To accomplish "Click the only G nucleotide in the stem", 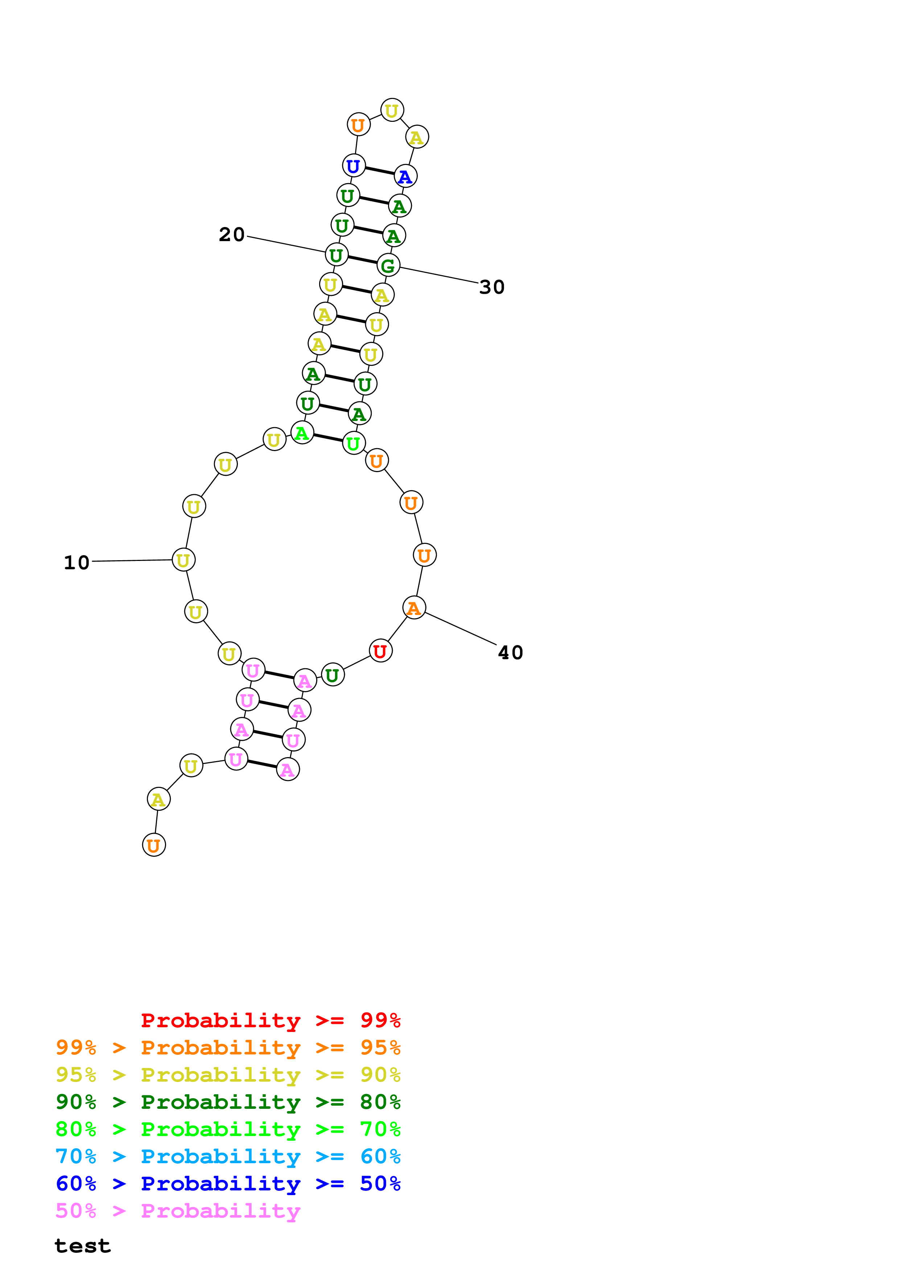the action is tap(388, 265).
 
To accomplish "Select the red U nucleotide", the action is tap(380, 651).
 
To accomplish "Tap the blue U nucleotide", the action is tap(353, 166).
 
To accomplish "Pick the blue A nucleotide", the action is tap(405, 177).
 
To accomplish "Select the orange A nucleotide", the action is tap(414, 608).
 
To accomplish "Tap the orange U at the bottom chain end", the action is tap(154, 846).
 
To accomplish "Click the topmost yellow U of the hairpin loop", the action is tap(392, 110).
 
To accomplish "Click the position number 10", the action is tap(77, 563).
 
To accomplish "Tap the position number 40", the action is tap(510, 653).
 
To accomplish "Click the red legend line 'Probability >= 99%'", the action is tap(270, 1020).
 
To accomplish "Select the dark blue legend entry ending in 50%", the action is tap(228, 1184).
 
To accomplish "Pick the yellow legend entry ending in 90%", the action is tap(228, 1075).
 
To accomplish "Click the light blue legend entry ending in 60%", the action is tap(228, 1157).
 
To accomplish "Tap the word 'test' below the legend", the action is tap(83, 1246).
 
